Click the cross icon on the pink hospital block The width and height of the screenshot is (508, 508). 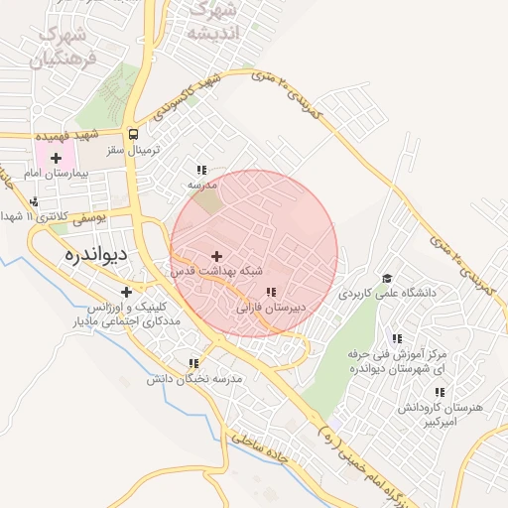pos(57,158)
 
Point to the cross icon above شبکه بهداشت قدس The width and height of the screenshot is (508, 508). pos(216,256)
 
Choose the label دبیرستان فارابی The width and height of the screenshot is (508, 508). pos(270,308)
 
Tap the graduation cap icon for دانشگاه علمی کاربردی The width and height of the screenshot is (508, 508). pos(387,279)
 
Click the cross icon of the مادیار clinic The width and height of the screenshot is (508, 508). pos(126,292)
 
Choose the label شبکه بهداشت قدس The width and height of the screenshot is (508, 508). pos(217,270)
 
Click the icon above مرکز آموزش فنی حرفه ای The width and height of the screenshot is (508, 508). pos(397,338)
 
